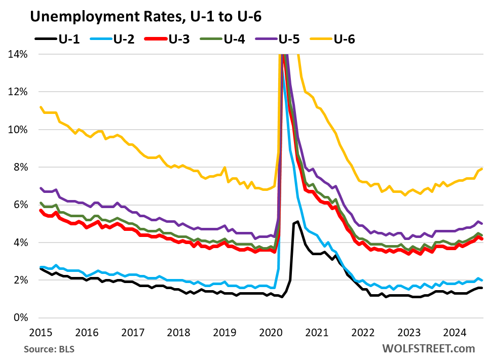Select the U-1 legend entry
tap(57, 38)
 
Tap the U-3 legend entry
tap(170, 38)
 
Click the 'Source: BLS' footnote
tap(46, 349)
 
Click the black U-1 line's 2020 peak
tap(297, 221)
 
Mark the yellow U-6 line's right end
tap(481, 169)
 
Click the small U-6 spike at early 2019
tap(224, 168)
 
